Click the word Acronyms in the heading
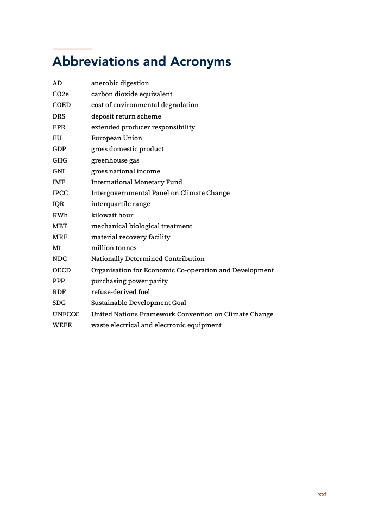(x=200, y=62)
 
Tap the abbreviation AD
(x=57, y=83)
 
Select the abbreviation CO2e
(x=61, y=94)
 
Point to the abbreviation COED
(x=61, y=105)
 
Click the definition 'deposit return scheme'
(x=126, y=116)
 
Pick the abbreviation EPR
(x=59, y=127)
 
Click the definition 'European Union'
(x=116, y=138)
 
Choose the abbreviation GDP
(x=59, y=149)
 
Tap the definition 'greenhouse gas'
(x=115, y=160)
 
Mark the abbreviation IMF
(x=59, y=182)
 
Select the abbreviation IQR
(x=59, y=204)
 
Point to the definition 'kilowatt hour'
(x=112, y=215)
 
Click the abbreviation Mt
(x=56, y=248)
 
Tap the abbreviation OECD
(x=61, y=270)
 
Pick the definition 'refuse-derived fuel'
(x=121, y=292)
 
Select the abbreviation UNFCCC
(x=66, y=314)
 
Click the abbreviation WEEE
(x=62, y=325)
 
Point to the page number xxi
(x=322, y=494)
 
